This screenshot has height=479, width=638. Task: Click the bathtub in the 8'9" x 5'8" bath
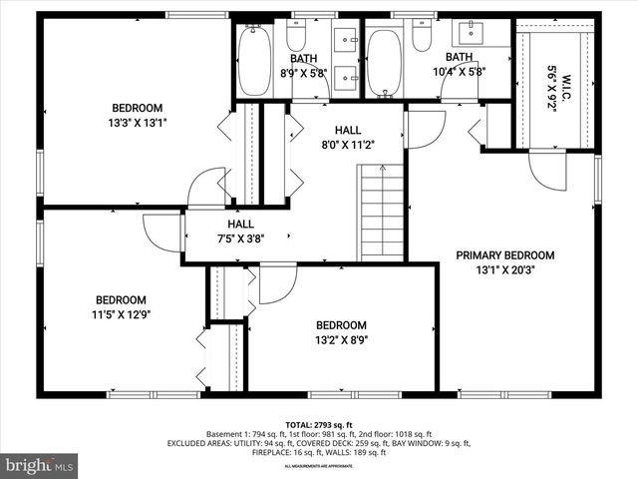pos(254,63)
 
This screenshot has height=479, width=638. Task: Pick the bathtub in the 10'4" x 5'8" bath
pos(384,63)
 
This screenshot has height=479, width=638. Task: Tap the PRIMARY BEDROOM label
pos(505,254)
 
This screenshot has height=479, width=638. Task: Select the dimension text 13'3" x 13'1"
pos(138,124)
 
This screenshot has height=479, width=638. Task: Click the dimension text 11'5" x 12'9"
pos(122,314)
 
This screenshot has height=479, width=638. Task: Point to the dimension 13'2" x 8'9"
pos(341,339)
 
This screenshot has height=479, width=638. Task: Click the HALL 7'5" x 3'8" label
pos(240,232)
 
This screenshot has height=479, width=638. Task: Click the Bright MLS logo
pos(40,465)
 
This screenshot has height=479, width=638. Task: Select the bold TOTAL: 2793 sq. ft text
pos(318,424)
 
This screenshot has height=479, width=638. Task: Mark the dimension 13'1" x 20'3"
pos(505,269)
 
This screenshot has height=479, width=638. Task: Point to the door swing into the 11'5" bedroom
pos(159,232)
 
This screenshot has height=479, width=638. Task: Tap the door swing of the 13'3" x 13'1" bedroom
pos(207,187)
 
